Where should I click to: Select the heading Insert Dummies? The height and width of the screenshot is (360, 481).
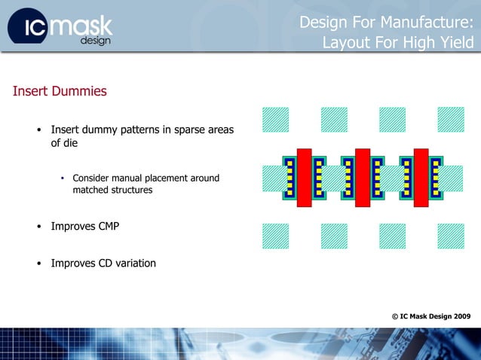click(60, 92)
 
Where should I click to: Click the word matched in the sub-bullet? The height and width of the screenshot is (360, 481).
click(90, 191)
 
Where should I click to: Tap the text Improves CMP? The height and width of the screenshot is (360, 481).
click(84, 226)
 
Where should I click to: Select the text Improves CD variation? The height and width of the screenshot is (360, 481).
click(103, 264)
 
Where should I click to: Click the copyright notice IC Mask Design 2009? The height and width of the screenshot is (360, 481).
click(431, 316)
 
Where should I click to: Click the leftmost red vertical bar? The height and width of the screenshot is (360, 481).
click(304, 177)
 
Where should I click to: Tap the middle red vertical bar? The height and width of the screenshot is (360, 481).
click(363, 177)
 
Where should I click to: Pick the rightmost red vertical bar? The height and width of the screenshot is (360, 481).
click(421, 177)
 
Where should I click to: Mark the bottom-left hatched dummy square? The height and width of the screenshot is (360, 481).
click(275, 236)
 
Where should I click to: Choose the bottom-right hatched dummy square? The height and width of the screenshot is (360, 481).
click(450, 236)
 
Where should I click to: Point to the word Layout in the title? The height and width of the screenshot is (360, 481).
click(345, 43)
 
